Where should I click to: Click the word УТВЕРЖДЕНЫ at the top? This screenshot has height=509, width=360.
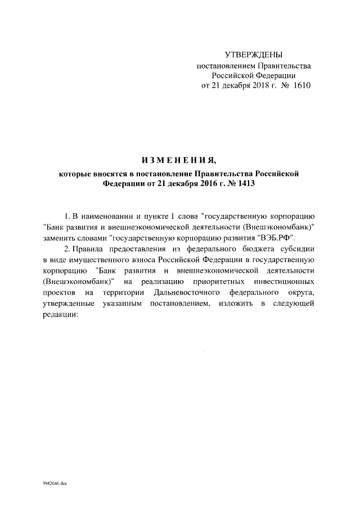(x=253, y=55)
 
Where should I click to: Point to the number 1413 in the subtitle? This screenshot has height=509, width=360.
(x=237, y=183)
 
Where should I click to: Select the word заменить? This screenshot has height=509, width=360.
(x=60, y=238)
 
